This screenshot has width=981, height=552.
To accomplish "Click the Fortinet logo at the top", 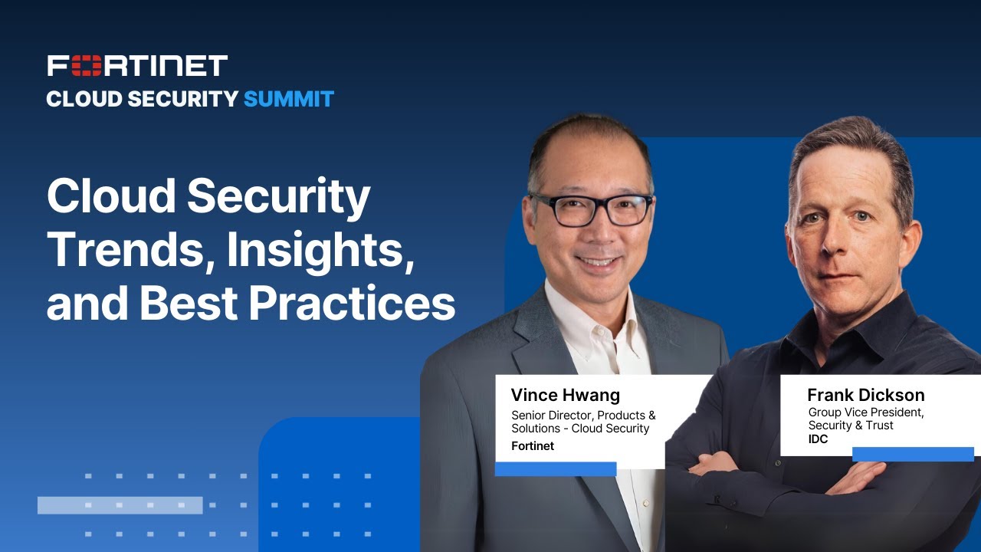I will [x=137, y=66].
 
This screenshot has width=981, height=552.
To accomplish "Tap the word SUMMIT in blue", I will [x=289, y=99].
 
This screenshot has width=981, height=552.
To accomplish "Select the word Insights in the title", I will [x=320, y=250].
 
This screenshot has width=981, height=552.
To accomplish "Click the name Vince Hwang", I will [x=566, y=396].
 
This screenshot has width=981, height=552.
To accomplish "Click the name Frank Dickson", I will [x=866, y=396].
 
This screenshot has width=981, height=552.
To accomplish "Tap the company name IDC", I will [x=819, y=439].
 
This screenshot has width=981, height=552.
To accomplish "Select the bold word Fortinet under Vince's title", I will [x=533, y=446].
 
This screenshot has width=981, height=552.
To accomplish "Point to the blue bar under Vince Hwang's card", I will [x=556, y=469].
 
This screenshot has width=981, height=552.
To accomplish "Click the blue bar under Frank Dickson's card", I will [x=913, y=455].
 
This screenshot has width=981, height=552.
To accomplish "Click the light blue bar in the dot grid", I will [x=120, y=505].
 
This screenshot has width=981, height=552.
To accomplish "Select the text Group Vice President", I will [x=866, y=412].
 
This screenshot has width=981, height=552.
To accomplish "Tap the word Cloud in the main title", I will [x=112, y=196].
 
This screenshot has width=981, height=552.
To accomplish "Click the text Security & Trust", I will [x=851, y=426].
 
